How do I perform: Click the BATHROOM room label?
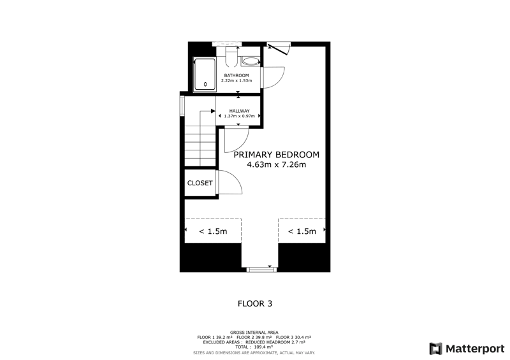pos(237,75)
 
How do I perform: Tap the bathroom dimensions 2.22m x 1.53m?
pos(237,81)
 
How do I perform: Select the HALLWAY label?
pos(240,111)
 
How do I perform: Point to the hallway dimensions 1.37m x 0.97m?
pos(240,116)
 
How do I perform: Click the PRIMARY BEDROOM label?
pos(277,155)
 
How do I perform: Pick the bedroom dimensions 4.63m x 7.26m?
pos(277,164)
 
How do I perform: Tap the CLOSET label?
pos(200,183)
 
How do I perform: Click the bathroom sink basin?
pos(250,61)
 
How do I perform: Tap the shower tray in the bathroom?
pos(205,75)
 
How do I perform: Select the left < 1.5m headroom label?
pos(213,231)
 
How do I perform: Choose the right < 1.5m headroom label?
pos(302,231)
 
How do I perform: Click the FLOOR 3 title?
pos(255,304)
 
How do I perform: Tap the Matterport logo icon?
pos(436,349)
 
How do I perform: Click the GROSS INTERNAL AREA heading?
pos(254,333)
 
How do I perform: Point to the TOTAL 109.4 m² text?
pos(254,347)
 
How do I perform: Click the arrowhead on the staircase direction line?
pos(213,112)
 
